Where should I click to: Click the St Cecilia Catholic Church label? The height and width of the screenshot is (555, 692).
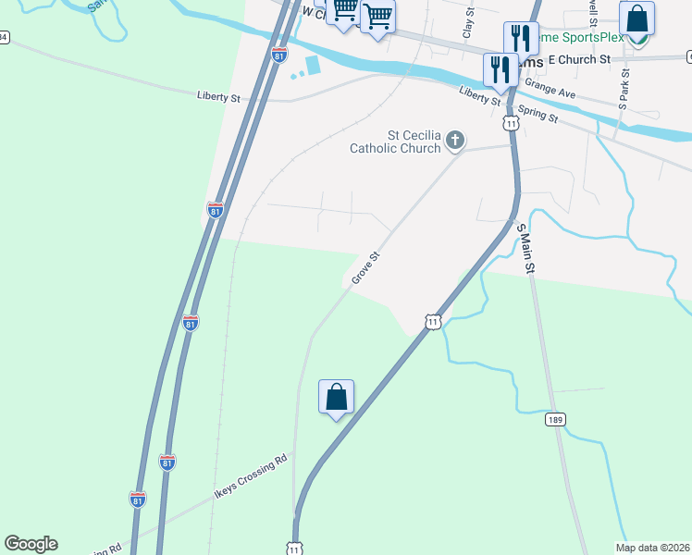pyautogui.click(x=395, y=141)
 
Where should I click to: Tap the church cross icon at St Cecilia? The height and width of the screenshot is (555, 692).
pyautogui.click(x=454, y=141)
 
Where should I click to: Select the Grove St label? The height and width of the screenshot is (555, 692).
pyautogui.click(x=365, y=268)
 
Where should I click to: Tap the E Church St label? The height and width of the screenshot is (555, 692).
pyautogui.click(x=580, y=58)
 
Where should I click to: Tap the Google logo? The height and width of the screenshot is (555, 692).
pyautogui.click(x=31, y=544)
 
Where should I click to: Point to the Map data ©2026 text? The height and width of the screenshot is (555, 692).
pyautogui.click(x=652, y=548)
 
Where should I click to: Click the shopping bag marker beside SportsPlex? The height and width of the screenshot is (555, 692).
pyautogui.click(x=636, y=18)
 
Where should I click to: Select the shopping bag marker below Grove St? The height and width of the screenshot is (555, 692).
pyautogui.click(x=336, y=397)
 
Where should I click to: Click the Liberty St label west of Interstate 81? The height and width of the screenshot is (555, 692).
pyautogui.click(x=218, y=95)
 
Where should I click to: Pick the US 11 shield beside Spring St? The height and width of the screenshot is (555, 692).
pyautogui.click(x=511, y=122)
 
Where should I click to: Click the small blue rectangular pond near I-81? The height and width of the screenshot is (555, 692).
pyautogui.click(x=312, y=66)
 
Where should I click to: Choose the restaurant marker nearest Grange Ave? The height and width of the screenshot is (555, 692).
pyautogui.click(x=500, y=69)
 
